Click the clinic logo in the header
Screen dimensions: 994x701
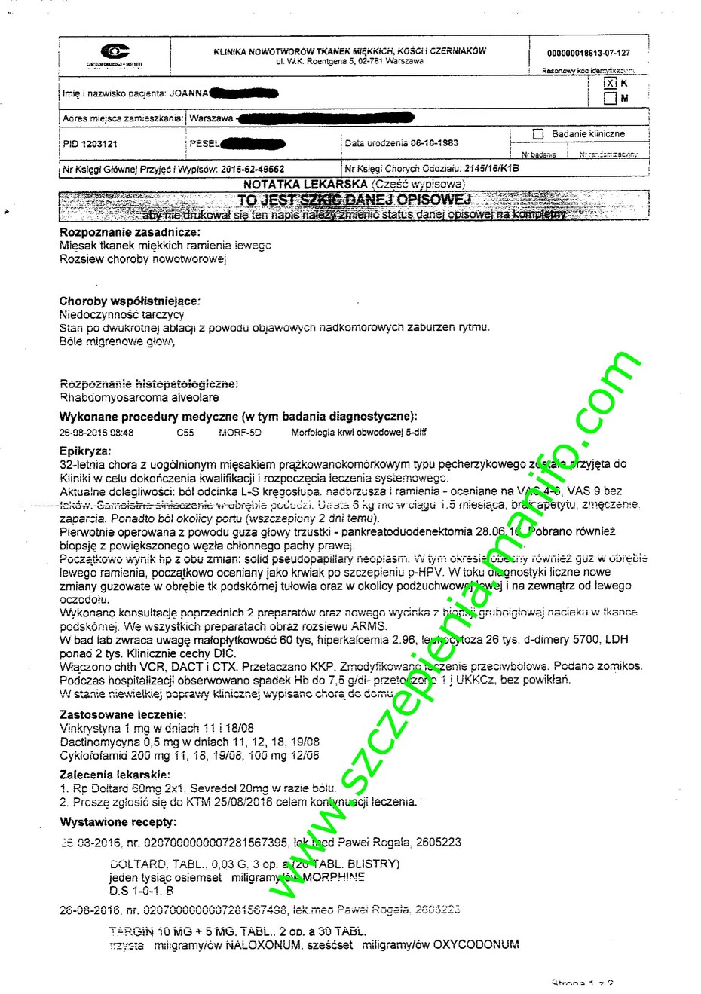[x=115, y=52]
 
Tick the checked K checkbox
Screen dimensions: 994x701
[x=610, y=84]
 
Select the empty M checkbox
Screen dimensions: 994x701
[x=610, y=99]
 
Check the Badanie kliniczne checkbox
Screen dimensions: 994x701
[x=537, y=134]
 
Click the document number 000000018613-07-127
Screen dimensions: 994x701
[x=588, y=54]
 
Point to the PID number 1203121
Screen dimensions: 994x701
[x=99, y=143]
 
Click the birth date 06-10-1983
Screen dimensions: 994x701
[x=434, y=143]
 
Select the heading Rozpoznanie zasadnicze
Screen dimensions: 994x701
[x=130, y=232]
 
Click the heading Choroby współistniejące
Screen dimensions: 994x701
[x=130, y=301]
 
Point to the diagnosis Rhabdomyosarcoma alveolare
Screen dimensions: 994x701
[x=139, y=397]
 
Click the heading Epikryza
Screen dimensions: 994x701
[x=84, y=451]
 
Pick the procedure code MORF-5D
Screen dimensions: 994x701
[x=240, y=433]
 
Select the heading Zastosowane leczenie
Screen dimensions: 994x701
[x=123, y=714]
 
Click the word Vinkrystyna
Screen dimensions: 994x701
[x=90, y=728]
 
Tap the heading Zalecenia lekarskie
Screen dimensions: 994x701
[x=115, y=774]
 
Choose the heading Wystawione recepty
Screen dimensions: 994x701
[x=118, y=821]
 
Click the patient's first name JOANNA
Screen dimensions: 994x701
[x=188, y=94]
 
